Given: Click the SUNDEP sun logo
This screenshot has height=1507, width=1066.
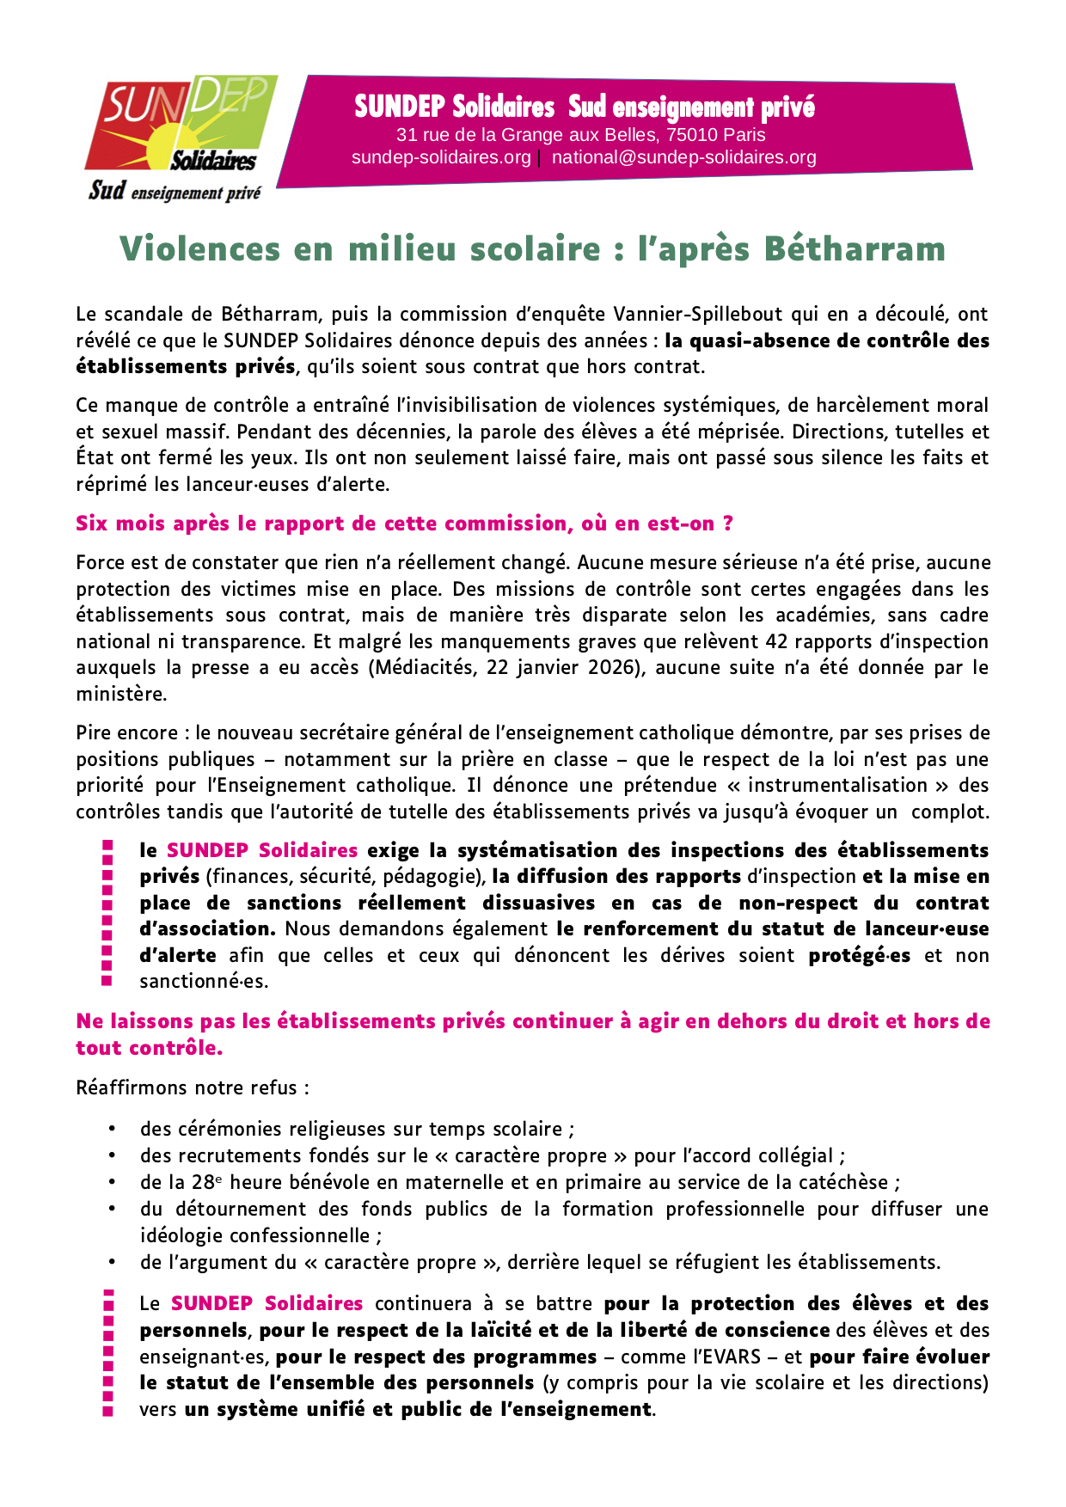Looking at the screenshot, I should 181,125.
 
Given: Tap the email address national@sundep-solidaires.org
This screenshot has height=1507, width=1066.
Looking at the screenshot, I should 683,157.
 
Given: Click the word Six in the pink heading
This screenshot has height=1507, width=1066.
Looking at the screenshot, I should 92,524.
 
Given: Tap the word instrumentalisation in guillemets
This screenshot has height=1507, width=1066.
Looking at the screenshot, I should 836,786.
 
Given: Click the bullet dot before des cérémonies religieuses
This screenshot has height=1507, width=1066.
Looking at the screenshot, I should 112,1129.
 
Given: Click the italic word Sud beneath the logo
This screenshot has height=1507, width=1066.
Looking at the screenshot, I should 107,191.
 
